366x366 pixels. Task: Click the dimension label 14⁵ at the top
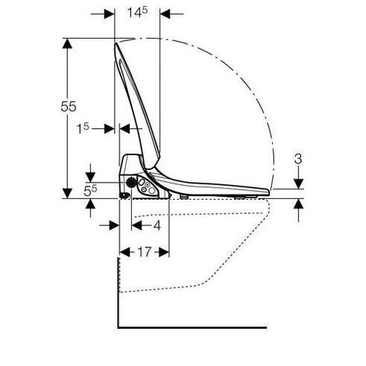pos(137,12)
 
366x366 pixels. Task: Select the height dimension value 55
pos(69,107)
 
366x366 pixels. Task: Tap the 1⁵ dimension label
pos(83,128)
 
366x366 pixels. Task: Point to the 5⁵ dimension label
pos(90,191)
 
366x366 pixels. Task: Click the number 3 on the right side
pos(298,159)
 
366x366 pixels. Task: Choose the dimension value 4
pos(157,226)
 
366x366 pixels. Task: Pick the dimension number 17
pos(145,252)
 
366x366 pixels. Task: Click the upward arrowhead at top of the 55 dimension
pos(67,43)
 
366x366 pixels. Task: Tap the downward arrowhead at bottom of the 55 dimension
pos(67,193)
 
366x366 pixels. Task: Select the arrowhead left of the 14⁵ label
pos(110,14)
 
